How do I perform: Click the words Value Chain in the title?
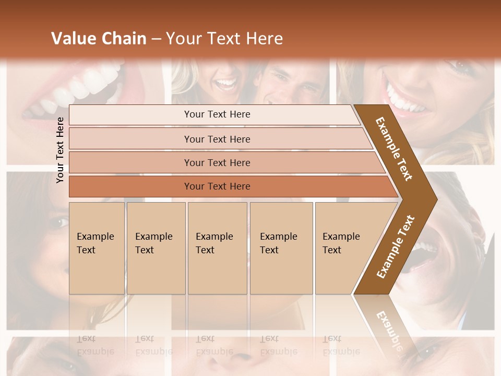tap(99, 39)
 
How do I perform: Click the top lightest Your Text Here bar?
tap(217, 114)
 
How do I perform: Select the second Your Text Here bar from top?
tap(217, 139)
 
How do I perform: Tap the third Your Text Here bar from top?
tap(217, 162)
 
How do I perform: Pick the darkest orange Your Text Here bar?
tap(217, 186)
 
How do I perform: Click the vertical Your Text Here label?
tap(60, 150)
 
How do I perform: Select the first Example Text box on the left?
tap(96, 248)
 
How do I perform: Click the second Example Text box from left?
tap(156, 248)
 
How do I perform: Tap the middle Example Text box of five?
tap(217, 248)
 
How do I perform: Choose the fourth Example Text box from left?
tap(281, 248)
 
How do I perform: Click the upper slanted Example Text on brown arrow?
tap(394, 149)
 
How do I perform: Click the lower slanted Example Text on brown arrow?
tap(395, 247)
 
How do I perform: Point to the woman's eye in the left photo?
tap(58, 222)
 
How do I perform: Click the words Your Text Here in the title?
tap(224, 39)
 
